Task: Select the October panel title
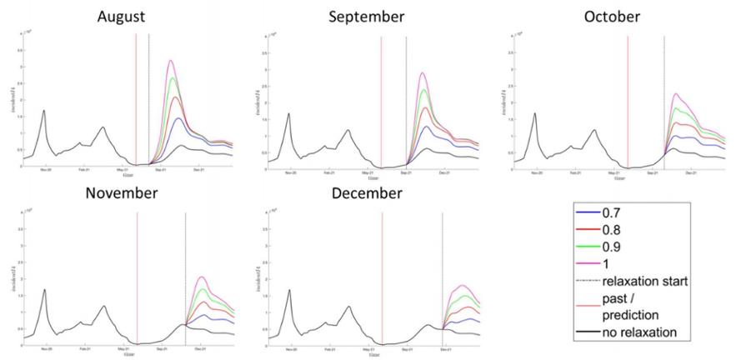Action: click(612, 17)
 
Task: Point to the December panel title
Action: click(367, 194)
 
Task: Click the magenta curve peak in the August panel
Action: click(170, 61)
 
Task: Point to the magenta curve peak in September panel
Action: click(423, 72)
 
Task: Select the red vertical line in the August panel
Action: click(136, 100)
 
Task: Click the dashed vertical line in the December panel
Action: click(442, 275)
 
